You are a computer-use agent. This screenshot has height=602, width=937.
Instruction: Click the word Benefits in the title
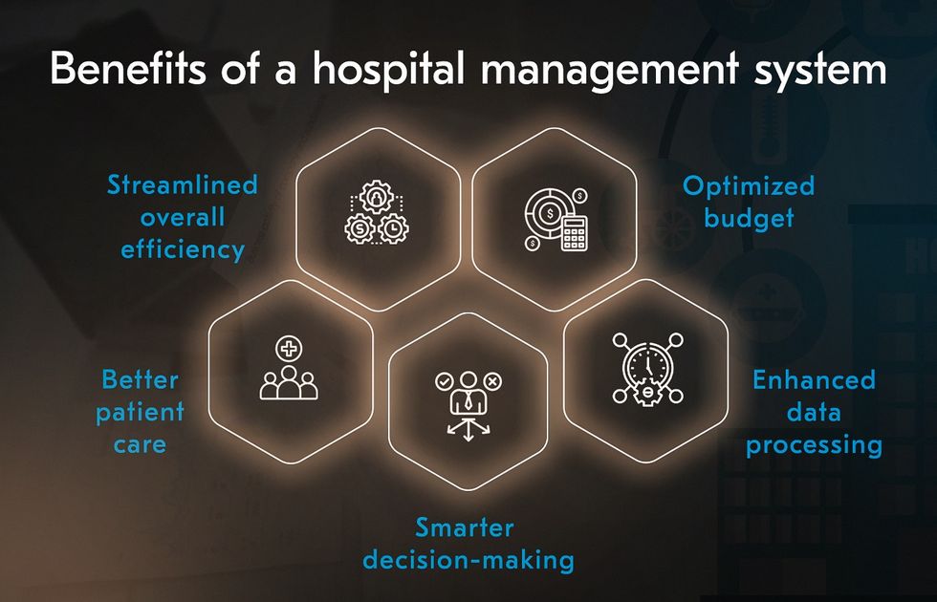point(128,68)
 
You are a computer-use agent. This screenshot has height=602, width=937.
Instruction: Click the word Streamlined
point(183,184)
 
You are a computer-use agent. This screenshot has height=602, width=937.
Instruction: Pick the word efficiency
point(183,249)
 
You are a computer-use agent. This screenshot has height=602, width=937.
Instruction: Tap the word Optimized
point(749,186)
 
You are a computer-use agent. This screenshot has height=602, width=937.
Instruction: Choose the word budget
point(750,218)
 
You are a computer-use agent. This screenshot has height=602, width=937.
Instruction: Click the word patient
point(140,413)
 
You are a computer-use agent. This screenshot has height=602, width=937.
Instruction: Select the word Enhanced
point(814,380)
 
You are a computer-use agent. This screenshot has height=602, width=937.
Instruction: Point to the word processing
point(815,445)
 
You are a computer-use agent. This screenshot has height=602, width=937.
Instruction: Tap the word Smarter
point(465,527)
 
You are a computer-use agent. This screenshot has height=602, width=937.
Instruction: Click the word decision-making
point(468,560)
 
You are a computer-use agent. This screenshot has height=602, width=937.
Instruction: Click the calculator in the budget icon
point(575,233)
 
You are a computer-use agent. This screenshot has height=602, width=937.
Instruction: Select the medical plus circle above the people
point(289,348)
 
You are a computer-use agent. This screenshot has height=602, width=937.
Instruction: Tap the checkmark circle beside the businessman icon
point(444,381)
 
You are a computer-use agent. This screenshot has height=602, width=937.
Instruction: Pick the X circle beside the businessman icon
point(493,381)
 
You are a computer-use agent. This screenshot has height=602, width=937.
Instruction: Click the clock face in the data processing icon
point(647,363)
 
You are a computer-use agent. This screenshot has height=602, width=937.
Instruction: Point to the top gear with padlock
point(377,197)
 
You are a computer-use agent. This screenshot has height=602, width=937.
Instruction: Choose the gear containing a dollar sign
point(360,227)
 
